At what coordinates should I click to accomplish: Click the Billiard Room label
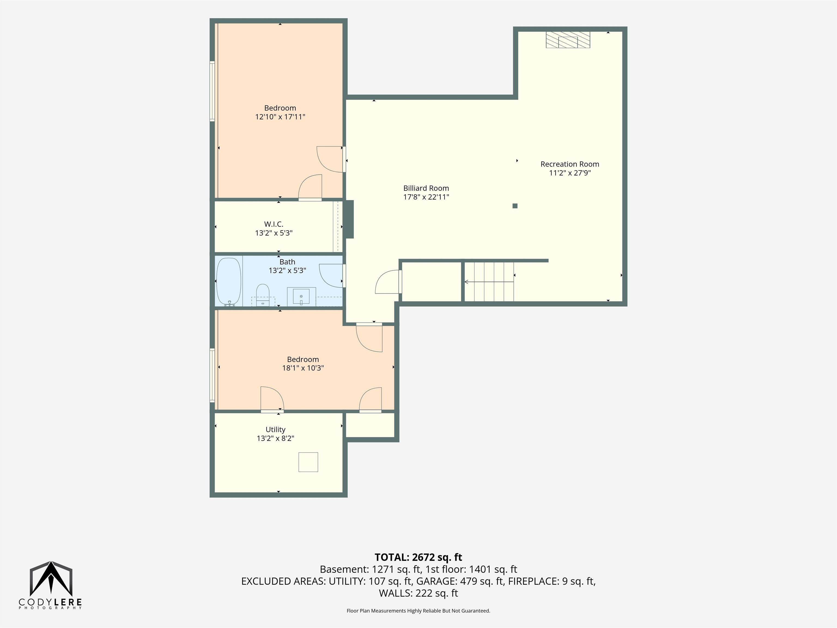[426, 188]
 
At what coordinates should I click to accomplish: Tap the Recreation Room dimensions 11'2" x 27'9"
[570, 173]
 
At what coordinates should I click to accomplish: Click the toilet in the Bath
[263, 295]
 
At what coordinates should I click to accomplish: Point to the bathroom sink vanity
[301, 296]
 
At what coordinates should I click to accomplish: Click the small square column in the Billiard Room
[515, 206]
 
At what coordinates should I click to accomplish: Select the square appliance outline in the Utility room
[308, 462]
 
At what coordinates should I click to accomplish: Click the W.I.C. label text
[274, 224]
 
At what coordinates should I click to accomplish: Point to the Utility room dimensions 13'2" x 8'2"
[275, 438]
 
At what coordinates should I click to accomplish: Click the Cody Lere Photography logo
[51, 585]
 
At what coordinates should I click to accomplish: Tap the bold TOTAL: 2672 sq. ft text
[418, 557]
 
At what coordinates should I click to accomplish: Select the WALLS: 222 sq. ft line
[418, 593]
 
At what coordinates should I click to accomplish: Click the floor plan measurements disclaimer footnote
[418, 611]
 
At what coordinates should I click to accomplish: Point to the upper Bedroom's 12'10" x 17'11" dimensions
[280, 117]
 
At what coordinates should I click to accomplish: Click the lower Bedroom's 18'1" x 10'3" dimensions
[303, 368]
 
